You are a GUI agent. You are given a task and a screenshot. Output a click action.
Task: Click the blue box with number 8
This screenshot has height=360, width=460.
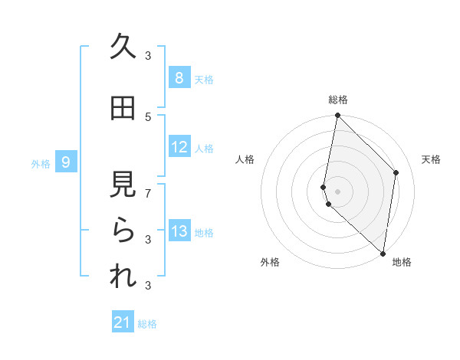point(179,78)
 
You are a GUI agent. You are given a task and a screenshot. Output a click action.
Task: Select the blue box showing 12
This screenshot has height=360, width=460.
point(179,147)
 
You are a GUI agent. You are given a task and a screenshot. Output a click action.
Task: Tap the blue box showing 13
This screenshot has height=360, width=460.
point(179,231)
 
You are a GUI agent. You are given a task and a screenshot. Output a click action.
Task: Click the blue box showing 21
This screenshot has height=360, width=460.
point(123,322)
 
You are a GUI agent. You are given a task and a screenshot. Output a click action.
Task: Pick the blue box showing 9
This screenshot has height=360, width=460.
point(66,162)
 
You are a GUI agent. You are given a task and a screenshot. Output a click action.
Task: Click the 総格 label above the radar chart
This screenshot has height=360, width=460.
point(338,100)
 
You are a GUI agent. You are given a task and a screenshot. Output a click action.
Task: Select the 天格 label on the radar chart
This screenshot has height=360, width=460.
point(431,159)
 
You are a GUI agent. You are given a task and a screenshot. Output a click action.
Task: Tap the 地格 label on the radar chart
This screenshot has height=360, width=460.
point(402,262)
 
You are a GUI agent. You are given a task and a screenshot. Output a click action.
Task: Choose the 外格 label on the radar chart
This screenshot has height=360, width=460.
point(270,262)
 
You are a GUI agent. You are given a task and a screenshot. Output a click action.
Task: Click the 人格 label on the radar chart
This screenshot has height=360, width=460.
point(245,159)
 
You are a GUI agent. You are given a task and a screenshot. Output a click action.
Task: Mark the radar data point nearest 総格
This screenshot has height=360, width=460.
point(337,116)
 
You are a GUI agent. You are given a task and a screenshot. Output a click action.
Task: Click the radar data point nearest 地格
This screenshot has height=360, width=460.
point(383,254)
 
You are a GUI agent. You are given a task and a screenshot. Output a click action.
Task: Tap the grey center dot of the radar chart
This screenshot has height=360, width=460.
point(337,191)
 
